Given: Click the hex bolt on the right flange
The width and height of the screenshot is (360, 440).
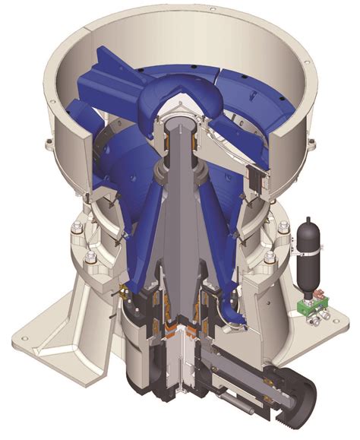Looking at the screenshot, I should click(283, 227).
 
